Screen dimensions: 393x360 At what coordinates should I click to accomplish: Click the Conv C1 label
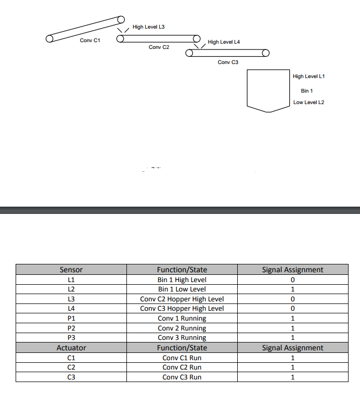coord(89,40)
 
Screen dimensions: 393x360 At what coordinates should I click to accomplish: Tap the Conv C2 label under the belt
coord(159,47)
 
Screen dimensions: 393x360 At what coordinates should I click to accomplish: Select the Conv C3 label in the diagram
coord(228,62)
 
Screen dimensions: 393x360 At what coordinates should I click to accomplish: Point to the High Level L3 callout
coord(149,27)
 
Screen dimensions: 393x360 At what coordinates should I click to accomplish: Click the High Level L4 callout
coord(224,42)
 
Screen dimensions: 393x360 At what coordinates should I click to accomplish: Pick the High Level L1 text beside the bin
coord(308,77)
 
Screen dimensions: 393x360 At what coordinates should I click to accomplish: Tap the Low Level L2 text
coord(308,103)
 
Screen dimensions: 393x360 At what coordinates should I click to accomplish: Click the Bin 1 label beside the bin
coord(307,91)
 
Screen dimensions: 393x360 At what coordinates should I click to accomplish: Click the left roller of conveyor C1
coord(50,39)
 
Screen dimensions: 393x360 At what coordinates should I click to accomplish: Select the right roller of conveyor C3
coord(266,53)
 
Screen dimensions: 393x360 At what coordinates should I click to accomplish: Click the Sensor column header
coord(71,270)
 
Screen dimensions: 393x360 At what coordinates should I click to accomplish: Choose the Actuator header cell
coord(71,348)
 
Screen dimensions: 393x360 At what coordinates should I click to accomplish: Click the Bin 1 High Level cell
coord(182,280)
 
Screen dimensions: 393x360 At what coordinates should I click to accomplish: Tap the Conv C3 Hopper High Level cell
coord(182,309)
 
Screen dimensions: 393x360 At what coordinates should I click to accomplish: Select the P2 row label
coord(71,328)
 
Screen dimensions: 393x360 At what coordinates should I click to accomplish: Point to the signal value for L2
coord(293,289)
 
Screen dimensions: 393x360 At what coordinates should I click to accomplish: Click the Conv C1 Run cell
coord(182,358)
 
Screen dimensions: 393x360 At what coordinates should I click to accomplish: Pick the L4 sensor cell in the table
coord(71,309)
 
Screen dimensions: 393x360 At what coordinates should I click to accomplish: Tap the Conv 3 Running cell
coord(182,338)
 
